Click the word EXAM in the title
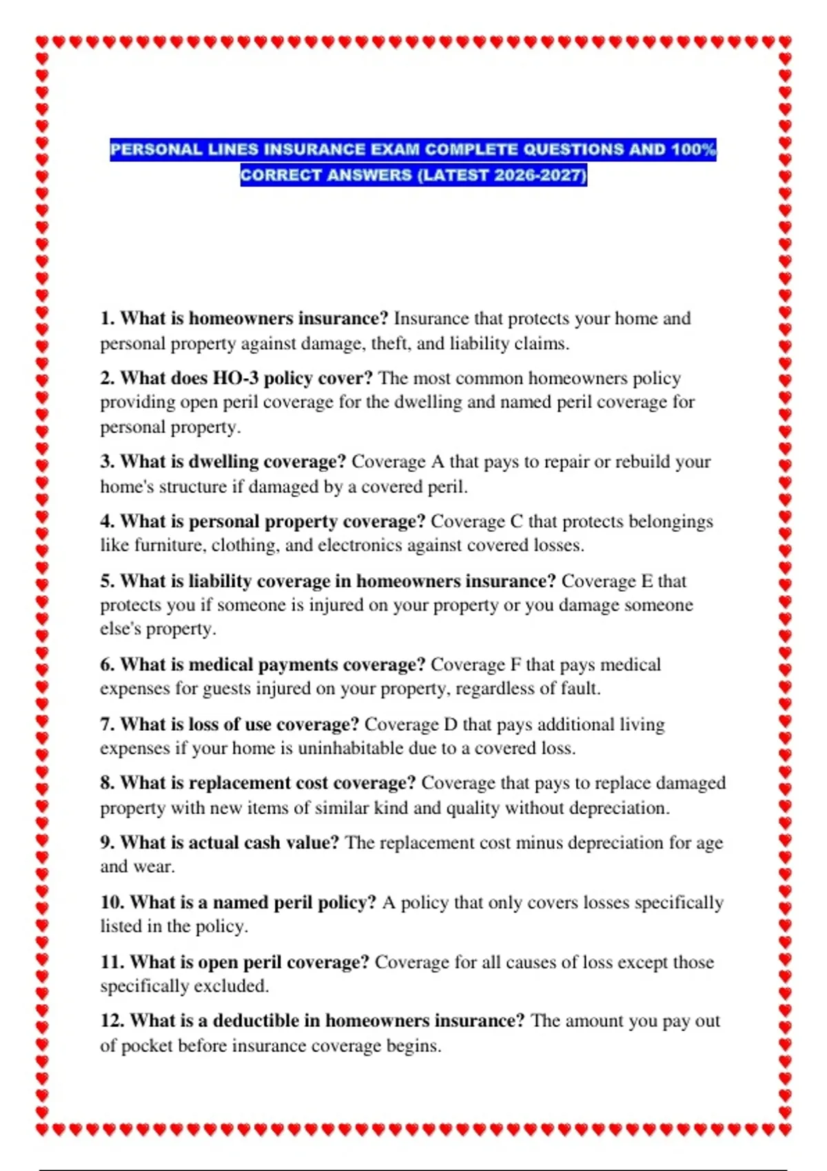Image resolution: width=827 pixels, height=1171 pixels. (x=396, y=149)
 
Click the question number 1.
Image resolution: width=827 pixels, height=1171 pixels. (x=106, y=318)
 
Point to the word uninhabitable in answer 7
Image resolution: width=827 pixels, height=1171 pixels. (x=350, y=748)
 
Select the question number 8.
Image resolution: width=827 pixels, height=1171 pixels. (x=106, y=783)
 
